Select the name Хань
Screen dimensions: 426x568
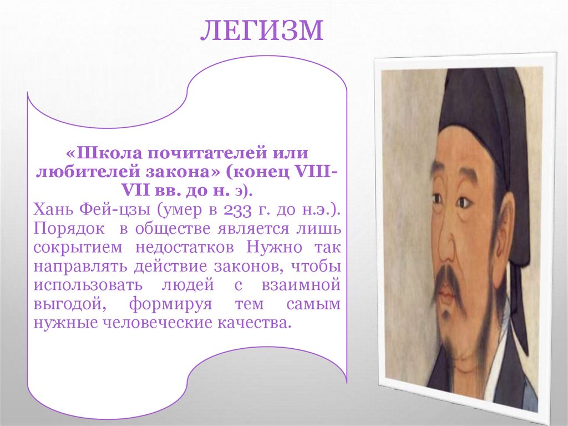[x=53, y=211]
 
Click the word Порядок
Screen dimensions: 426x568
[x=63, y=229]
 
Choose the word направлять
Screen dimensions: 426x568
[x=79, y=267]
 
